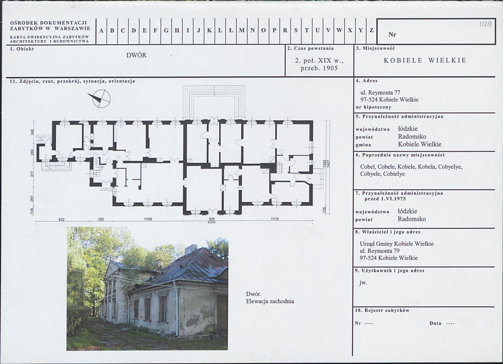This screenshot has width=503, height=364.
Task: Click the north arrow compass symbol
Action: coord(101,99)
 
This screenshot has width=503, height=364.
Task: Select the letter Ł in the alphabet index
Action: coord(231,31)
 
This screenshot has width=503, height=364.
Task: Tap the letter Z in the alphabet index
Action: coord(372,31)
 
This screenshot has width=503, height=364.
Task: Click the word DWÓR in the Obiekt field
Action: coord(136,55)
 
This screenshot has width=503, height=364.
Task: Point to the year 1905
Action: coord(330,68)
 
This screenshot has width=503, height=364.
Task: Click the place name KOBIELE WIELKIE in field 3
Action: coord(425,61)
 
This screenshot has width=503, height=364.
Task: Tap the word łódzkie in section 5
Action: coord(408,129)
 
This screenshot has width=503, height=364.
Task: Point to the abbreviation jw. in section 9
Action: coord(363,283)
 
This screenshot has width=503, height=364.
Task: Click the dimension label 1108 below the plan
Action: coord(148,219)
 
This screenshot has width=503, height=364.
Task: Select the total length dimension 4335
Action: coord(212,222)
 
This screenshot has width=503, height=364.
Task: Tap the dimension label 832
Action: coord(62,219)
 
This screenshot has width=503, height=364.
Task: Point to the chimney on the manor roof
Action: coord(190,250)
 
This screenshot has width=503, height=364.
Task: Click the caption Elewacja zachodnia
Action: coord(270,301)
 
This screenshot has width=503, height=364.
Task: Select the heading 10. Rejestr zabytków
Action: coord(382,310)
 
